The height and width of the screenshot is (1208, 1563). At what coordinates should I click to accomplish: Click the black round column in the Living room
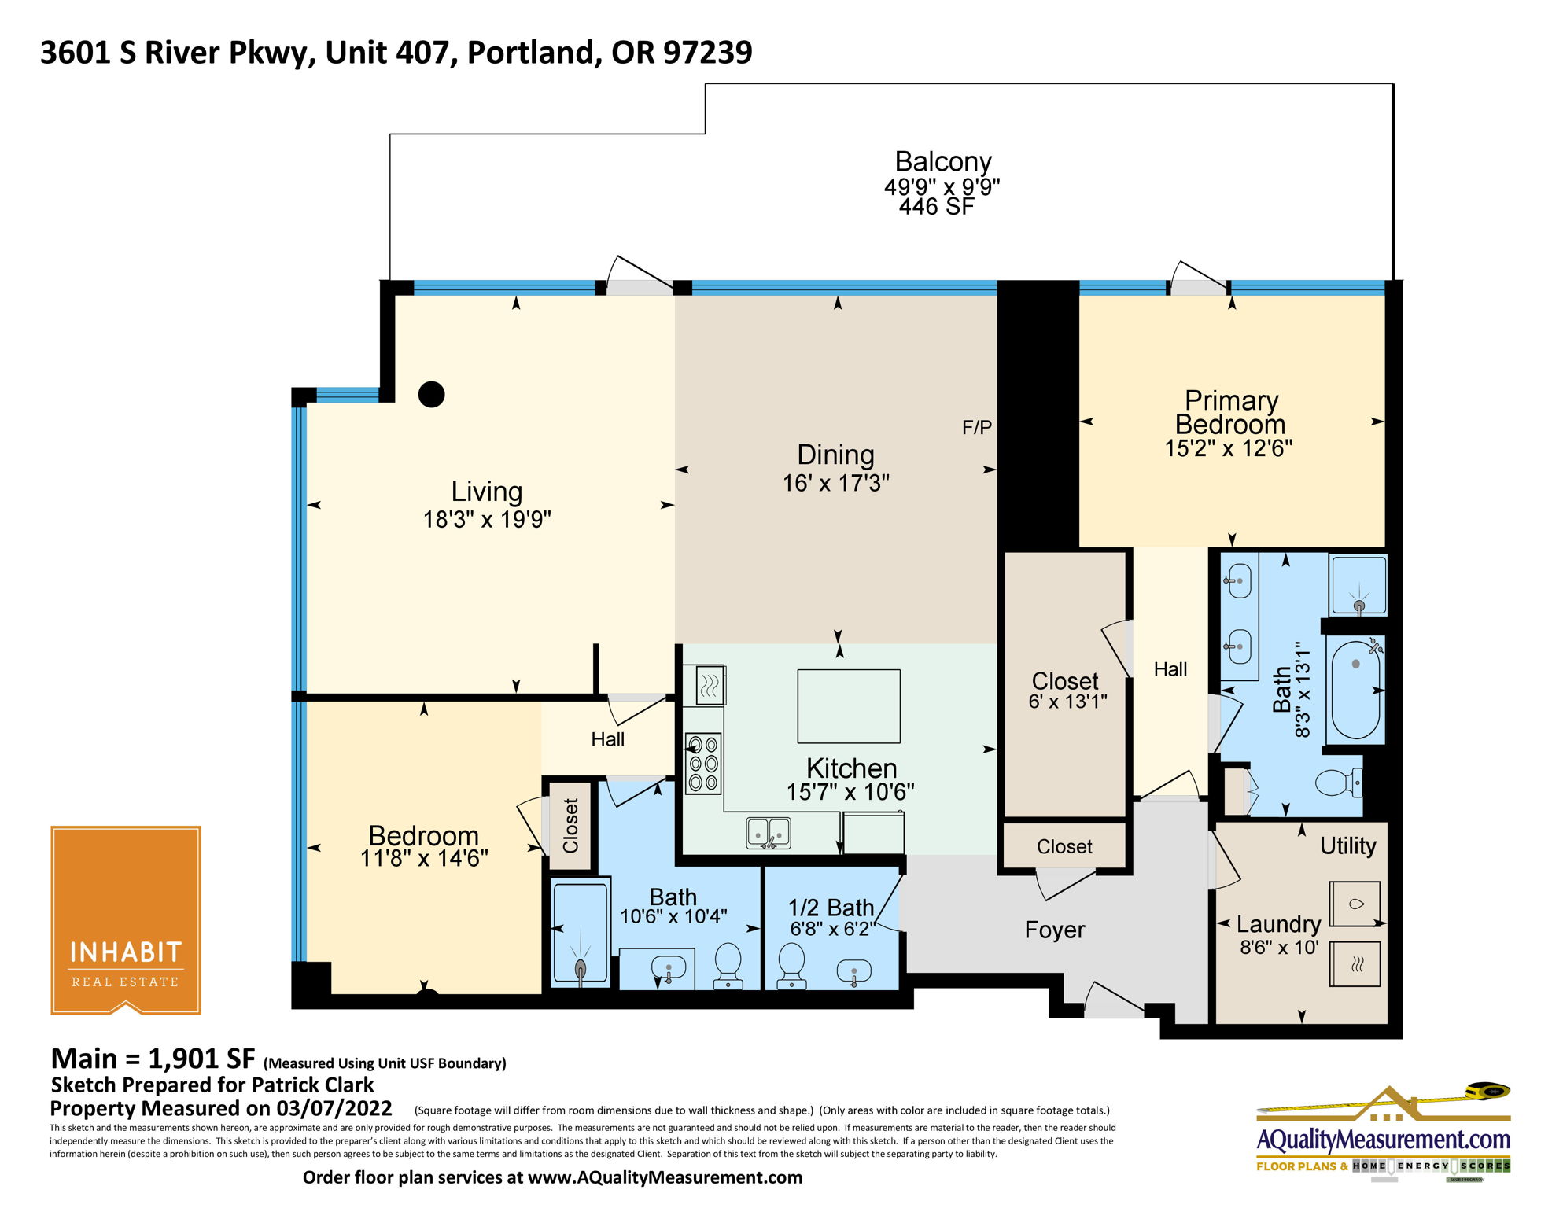coord(431,394)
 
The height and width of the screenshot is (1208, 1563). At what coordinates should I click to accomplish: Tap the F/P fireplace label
coord(977,428)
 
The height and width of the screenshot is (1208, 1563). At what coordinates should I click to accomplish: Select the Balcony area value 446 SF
coord(936,207)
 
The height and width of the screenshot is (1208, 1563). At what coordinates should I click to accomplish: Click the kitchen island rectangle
coord(849,706)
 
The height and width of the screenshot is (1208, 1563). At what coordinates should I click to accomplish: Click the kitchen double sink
coord(769,833)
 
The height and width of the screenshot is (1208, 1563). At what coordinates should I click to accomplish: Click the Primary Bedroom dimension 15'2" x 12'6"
coord(1229,448)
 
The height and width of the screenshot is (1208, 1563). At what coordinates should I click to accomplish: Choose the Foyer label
coord(1055,930)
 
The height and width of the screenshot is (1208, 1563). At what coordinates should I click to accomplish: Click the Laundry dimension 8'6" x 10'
coord(1279,948)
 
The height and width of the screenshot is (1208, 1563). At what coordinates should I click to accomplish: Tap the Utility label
coord(1348,846)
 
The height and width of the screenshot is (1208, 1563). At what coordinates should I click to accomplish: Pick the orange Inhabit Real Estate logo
coord(126,919)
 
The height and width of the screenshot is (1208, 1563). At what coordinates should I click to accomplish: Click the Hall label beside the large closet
coord(1170,669)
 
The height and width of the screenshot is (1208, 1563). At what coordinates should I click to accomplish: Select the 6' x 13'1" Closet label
coord(1067,702)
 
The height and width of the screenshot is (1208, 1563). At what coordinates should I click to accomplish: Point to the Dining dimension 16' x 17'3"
coord(835,483)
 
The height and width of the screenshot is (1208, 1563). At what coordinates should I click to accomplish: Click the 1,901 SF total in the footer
coord(201,1059)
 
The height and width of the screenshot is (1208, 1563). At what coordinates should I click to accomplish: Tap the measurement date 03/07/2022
coord(334,1109)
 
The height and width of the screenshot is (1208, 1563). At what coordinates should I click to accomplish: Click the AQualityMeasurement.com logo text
coord(1383,1140)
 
